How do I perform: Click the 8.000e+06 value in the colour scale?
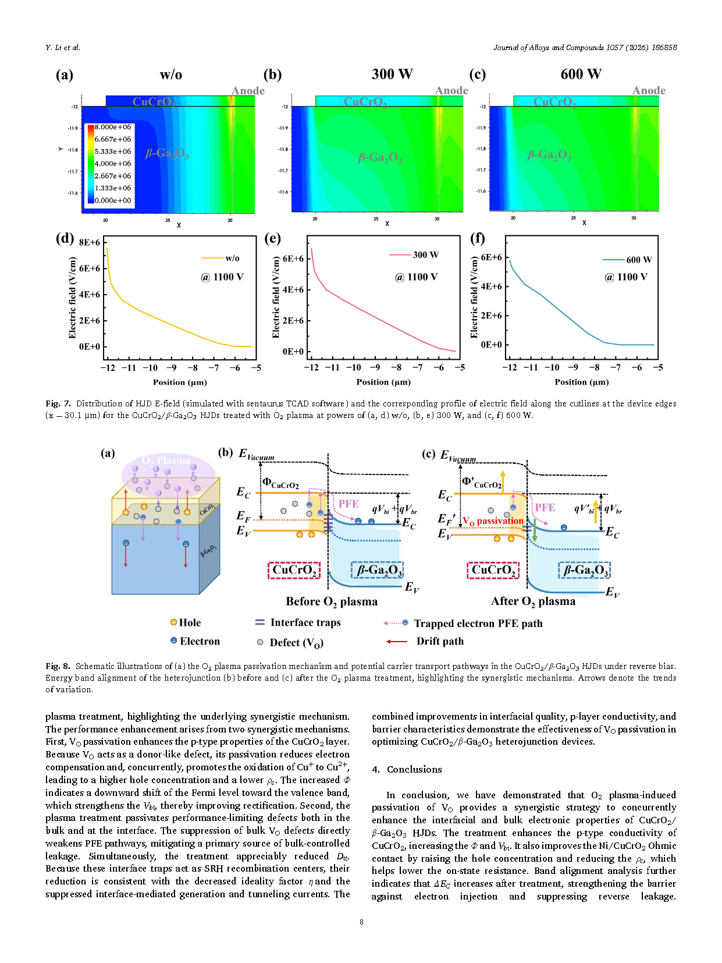tap(113, 127)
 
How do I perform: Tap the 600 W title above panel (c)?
tap(581, 75)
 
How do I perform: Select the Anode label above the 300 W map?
tap(451, 90)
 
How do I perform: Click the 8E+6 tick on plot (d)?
tap(90, 242)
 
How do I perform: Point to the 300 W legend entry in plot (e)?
tap(425, 254)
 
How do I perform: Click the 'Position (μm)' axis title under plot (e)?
tap(383, 382)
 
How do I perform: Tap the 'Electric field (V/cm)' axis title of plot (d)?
tap(72, 298)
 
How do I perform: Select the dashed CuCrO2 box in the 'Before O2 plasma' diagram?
tap(294, 570)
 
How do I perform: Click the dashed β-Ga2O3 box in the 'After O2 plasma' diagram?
tap(584, 570)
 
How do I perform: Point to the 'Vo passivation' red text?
tap(493, 521)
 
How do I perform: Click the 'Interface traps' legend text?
tap(305, 622)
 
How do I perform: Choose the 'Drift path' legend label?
tap(440, 641)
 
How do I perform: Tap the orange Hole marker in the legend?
tap(173, 622)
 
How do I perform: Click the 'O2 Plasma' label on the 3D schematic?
tap(166, 461)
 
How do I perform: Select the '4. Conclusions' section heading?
tap(407, 769)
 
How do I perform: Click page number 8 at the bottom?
tap(361, 922)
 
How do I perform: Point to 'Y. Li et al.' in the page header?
tap(63, 48)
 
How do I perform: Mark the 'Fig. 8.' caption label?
tap(58, 666)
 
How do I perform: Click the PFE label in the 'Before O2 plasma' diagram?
tap(348, 504)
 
